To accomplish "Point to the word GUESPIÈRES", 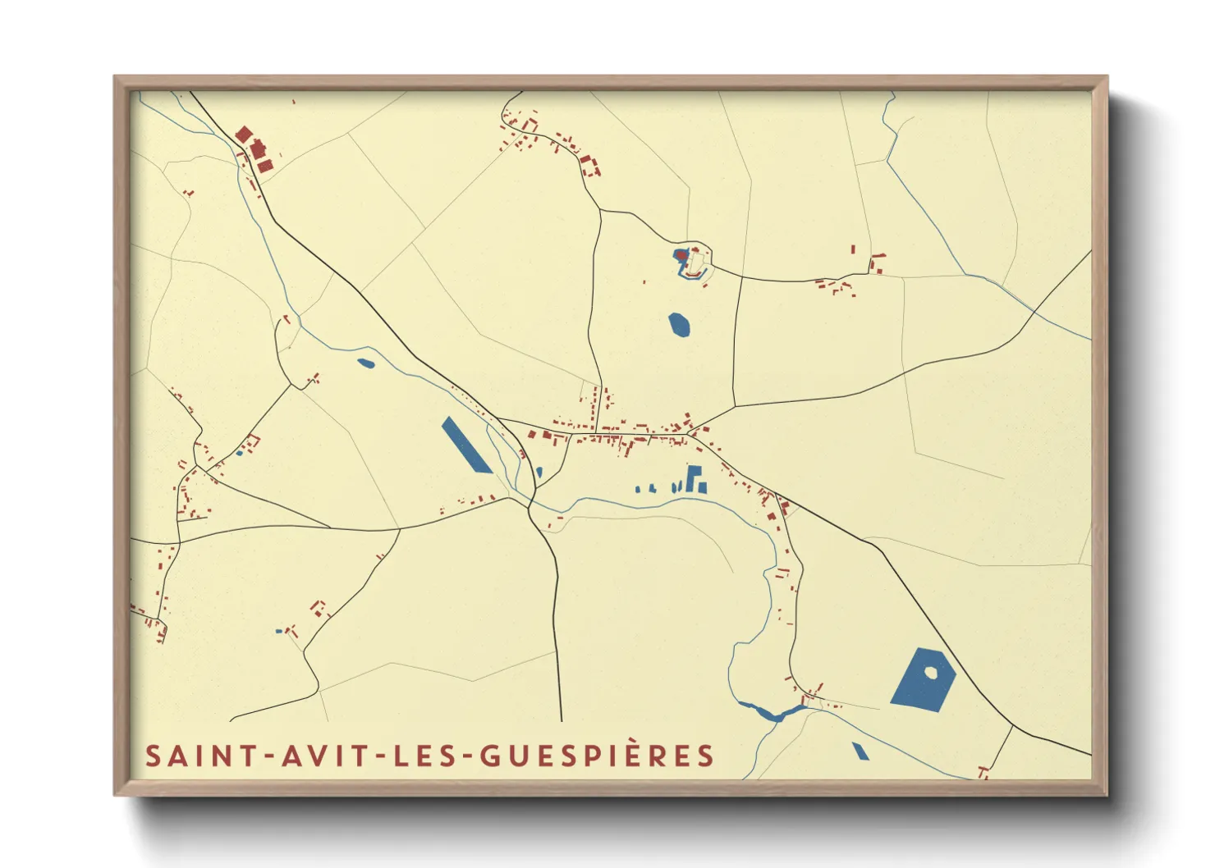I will coord(597,756).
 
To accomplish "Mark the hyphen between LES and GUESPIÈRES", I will coord(467,756).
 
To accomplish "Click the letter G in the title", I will coord(489,756).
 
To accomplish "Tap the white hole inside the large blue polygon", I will coord(931,672).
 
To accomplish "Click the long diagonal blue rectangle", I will coord(466,445).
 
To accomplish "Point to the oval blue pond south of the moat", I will coord(679,325).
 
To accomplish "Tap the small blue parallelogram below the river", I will coord(860,751).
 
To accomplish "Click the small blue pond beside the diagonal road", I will coord(365,362).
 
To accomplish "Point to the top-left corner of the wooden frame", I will coord(115,77).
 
